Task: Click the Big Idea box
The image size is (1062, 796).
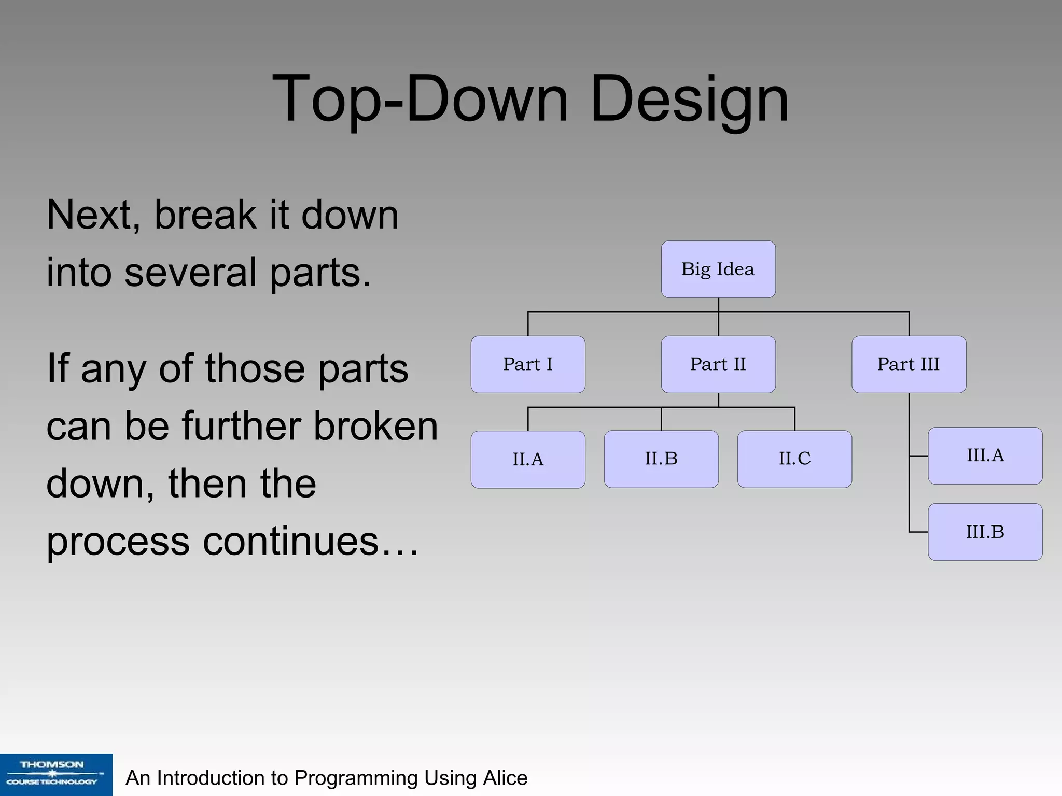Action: (x=718, y=269)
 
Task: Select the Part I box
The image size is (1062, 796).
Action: (x=528, y=364)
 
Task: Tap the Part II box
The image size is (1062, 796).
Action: (x=718, y=364)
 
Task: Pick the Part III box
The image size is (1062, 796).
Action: (x=909, y=364)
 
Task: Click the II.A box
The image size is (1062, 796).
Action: (x=528, y=459)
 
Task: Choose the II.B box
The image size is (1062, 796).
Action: (x=661, y=459)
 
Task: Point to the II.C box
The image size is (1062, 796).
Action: (x=794, y=459)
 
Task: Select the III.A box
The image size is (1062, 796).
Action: (x=985, y=456)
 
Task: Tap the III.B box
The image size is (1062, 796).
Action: (x=985, y=532)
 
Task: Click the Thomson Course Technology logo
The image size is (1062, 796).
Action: (x=55, y=774)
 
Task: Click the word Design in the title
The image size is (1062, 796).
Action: (x=689, y=98)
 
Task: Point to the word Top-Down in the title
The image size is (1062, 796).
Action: (x=420, y=98)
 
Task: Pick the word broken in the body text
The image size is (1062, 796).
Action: (x=376, y=426)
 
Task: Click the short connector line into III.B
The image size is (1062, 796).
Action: (x=918, y=532)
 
